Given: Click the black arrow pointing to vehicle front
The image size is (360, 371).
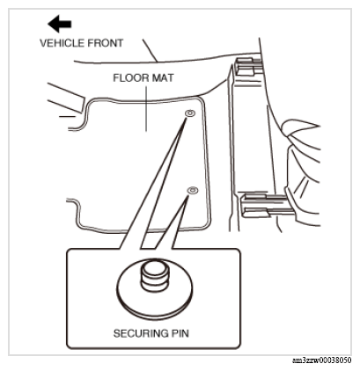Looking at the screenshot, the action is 60,24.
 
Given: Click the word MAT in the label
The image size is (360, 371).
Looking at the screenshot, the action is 163,78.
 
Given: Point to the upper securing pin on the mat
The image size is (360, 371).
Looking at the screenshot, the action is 190,113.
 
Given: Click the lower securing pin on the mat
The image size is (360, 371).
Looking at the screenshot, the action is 193,191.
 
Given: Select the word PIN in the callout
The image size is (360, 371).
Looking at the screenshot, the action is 180,333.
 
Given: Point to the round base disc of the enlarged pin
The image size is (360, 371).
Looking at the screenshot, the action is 155,302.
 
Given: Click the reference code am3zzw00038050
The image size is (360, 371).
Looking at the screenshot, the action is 321,360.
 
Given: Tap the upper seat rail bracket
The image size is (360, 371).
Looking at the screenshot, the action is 248,67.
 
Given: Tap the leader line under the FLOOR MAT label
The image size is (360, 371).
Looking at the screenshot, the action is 146,108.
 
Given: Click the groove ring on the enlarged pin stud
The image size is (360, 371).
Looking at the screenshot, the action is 154,280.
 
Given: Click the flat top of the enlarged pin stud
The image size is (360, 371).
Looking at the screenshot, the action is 154,266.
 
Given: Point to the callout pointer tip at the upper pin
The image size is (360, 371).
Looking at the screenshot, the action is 187,117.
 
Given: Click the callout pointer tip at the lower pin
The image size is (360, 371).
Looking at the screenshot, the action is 187,195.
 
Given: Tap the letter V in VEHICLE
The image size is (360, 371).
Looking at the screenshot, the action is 43,43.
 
